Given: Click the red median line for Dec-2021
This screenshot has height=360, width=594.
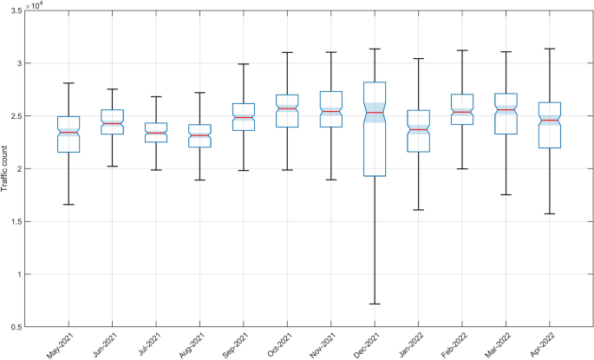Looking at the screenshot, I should pos(374,113).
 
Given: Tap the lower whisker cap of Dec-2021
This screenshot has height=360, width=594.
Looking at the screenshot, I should pos(374,304).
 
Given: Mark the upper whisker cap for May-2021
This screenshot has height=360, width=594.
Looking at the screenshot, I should pos(69,83).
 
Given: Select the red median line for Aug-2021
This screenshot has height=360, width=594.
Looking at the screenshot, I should pos(199,135).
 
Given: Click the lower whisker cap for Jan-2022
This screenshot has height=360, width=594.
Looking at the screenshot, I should pos(418,210).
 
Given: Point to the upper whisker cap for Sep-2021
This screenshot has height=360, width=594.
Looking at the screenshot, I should pos(243,64).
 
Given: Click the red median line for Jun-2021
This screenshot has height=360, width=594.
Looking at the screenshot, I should pos(112,123).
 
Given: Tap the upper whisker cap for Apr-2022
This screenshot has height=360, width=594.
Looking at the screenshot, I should pos(549,49).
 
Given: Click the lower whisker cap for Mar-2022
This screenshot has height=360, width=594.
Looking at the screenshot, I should pos(506,194).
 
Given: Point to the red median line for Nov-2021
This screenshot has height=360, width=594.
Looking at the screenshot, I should pos(330,112).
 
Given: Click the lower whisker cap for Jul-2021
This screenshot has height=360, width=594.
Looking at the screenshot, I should pos(156,170).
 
